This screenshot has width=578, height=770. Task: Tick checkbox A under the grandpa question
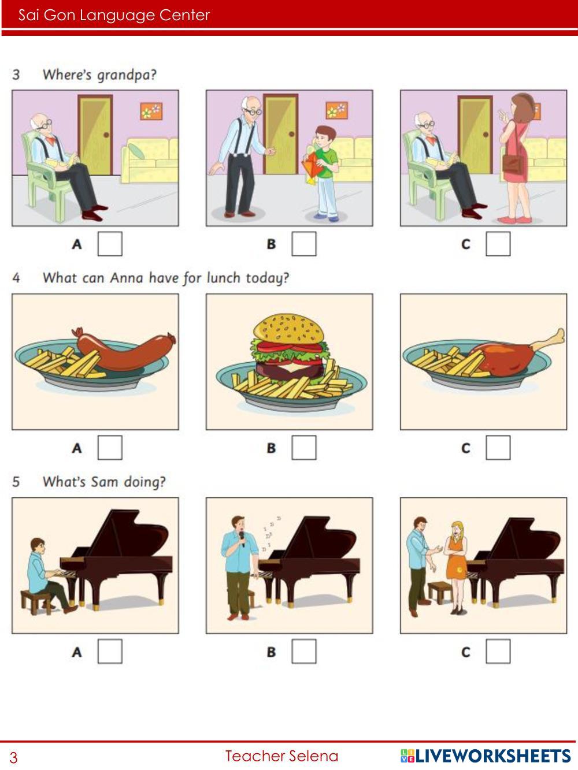(110, 243)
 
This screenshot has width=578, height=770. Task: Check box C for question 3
(498, 243)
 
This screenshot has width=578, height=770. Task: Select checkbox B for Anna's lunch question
(304, 448)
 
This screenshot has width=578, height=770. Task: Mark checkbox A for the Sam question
(110, 652)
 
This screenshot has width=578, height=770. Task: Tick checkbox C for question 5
(498, 652)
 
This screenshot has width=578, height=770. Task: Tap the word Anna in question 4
(127, 278)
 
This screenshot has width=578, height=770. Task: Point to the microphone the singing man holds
(242, 539)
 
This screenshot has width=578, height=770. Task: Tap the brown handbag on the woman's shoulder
(513, 164)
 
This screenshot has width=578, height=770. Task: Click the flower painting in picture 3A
(151, 111)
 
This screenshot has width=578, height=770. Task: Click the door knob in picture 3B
(292, 133)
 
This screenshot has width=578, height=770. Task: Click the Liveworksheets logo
(486, 756)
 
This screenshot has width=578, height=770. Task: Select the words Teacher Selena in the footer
(282, 756)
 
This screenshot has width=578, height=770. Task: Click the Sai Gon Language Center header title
(114, 15)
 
